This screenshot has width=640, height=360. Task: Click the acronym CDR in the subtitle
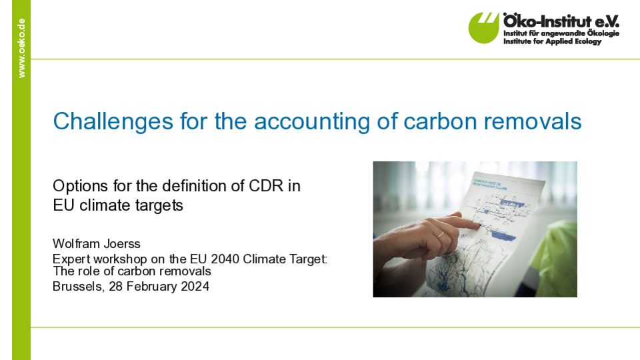266,186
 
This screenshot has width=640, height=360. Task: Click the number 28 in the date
115,287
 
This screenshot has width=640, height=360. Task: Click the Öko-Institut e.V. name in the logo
561,21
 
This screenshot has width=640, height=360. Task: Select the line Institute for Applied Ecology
552,41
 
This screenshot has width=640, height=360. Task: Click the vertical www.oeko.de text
21,48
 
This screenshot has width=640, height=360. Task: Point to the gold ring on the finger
441,234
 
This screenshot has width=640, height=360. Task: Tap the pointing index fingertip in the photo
476,225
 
